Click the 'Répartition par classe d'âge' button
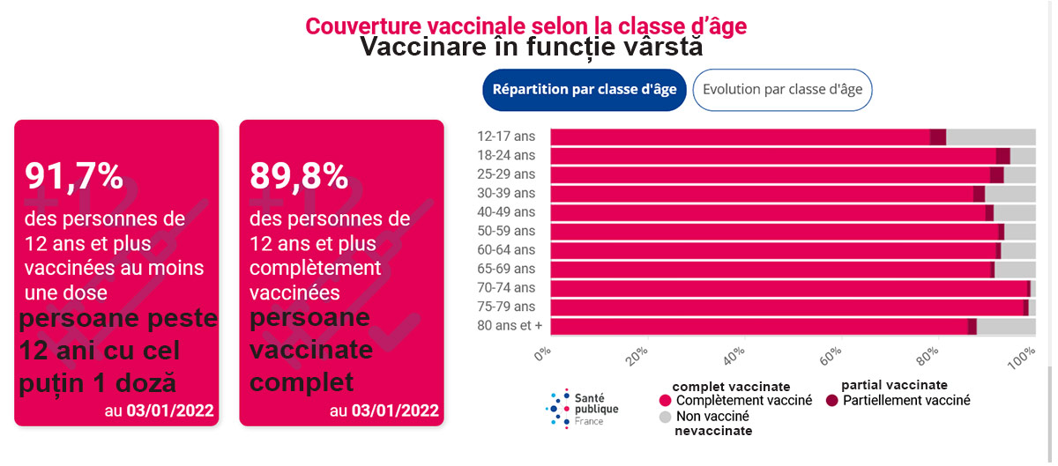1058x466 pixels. click(585, 90)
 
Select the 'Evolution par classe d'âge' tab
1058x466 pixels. click(782, 90)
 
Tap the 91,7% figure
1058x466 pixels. click(74, 176)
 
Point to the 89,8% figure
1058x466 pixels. click(299, 176)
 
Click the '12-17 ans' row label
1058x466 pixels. click(506, 137)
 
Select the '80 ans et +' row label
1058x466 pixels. click(510, 325)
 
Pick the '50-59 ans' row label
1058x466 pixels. click(506, 231)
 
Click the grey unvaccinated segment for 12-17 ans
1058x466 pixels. click(991, 137)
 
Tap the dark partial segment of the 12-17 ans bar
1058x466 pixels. click(938, 137)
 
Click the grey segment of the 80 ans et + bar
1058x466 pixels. click(1006, 326)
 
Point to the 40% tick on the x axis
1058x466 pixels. click(734, 356)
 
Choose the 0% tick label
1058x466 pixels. click(542, 354)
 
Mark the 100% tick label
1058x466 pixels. click(1022, 358)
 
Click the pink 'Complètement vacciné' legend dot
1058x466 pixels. click(665, 401)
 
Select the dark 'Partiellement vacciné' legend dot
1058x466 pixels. click(831, 401)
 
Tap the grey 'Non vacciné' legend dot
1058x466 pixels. click(665, 417)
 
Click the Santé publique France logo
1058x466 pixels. click(582, 409)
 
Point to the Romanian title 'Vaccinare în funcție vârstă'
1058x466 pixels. click(532, 47)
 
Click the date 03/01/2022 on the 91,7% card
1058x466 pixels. click(170, 411)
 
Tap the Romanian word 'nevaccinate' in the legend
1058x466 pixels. click(713, 431)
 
